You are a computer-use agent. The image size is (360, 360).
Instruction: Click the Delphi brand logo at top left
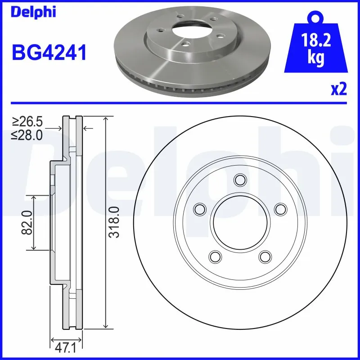tap(33, 12)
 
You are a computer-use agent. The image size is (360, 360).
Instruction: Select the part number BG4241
tap(49, 54)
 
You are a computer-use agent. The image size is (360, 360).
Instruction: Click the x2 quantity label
tap(339, 90)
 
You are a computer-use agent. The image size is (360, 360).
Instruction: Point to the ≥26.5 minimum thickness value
tap(27, 122)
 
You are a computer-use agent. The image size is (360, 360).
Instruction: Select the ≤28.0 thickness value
tap(27, 135)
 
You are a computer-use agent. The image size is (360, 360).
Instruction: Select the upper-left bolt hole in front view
tap(198, 209)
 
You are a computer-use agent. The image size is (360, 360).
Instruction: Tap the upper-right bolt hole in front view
tap(280, 209)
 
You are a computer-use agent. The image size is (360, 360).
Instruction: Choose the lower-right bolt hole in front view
tap(264, 256)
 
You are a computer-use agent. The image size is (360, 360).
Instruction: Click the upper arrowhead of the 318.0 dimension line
tap(106, 119)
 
